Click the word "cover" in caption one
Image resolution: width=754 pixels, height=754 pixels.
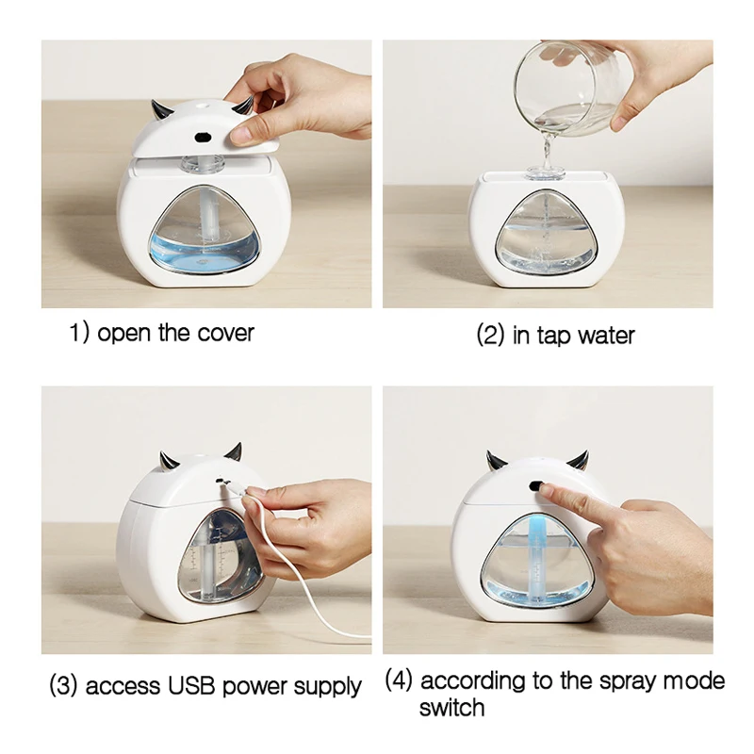tap(225, 333)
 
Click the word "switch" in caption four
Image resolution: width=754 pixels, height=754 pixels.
tap(451, 708)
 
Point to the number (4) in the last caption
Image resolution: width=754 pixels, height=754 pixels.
tap(399, 680)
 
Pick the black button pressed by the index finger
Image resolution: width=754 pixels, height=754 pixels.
tap(535, 485)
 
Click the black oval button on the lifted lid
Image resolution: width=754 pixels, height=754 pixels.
tap(204, 138)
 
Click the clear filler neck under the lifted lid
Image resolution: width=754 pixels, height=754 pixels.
tap(203, 163)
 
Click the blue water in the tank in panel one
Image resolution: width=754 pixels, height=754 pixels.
tap(204, 253)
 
